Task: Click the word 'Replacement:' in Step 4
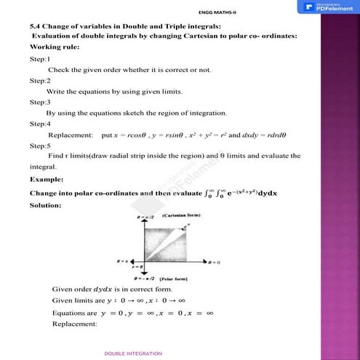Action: [x=71, y=135]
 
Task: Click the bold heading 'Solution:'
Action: [x=47, y=205]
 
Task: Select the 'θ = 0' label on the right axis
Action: [x=215, y=261]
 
